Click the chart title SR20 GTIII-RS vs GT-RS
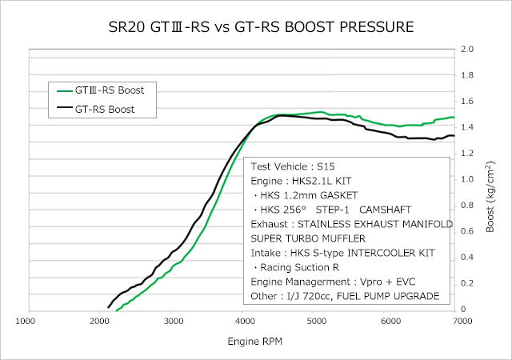click(x=261, y=26)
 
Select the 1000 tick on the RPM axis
click(x=26, y=321)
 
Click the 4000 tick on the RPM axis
click(x=246, y=321)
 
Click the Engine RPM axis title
click(x=243, y=342)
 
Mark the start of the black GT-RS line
click(x=108, y=306)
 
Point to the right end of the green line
click(x=454, y=118)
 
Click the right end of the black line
click(x=454, y=136)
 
